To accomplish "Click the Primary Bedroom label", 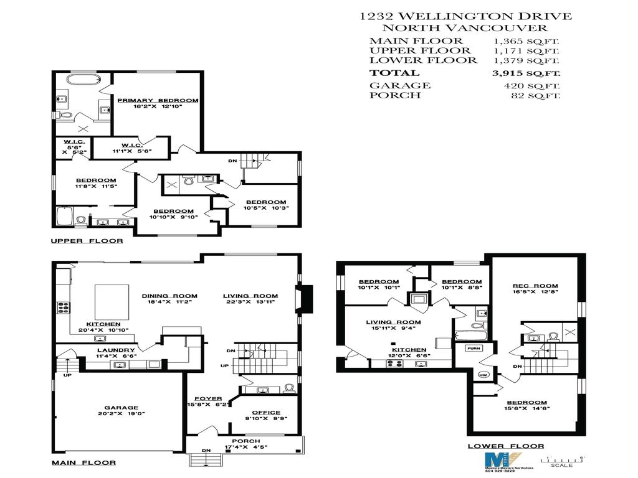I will click(157, 100).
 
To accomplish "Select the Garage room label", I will click(121, 408).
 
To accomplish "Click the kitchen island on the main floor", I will click(112, 301).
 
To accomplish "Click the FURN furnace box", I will click(474, 349).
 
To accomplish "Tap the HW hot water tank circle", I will click(483, 375).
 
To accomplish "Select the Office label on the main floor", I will click(266, 412).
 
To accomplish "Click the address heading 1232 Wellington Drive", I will click(465, 17).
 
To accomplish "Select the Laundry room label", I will click(116, 350).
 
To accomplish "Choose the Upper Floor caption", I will click(87, 241).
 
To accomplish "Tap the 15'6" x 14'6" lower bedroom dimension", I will click(527, 409).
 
